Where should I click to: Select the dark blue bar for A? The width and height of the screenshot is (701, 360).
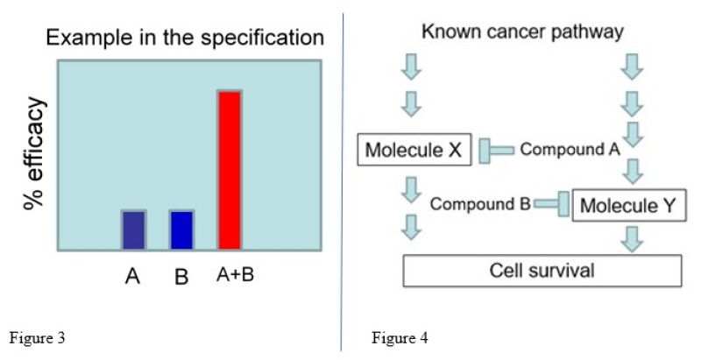(x=133, y=229)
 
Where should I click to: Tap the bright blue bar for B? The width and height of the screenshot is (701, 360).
(x=181, y=229)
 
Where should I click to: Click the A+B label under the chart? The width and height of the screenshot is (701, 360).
(x=235, y=275)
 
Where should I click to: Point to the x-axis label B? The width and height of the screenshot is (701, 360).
(x=181, y=277)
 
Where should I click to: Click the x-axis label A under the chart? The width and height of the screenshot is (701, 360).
(x=132, y=277)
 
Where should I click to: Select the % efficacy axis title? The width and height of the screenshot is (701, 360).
(x=35, y=153)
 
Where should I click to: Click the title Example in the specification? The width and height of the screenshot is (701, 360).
(x=185, y=38)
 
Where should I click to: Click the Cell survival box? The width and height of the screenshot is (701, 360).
(x=541, y=270)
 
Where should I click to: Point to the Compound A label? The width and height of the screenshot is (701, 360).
(x=570, y=149)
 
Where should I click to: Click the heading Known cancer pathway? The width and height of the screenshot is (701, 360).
(x=522, y=32)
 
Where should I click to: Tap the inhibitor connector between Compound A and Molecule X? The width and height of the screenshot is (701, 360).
(x=496, y=151)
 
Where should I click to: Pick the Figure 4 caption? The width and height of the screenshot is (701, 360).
(x=399, y=336)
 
